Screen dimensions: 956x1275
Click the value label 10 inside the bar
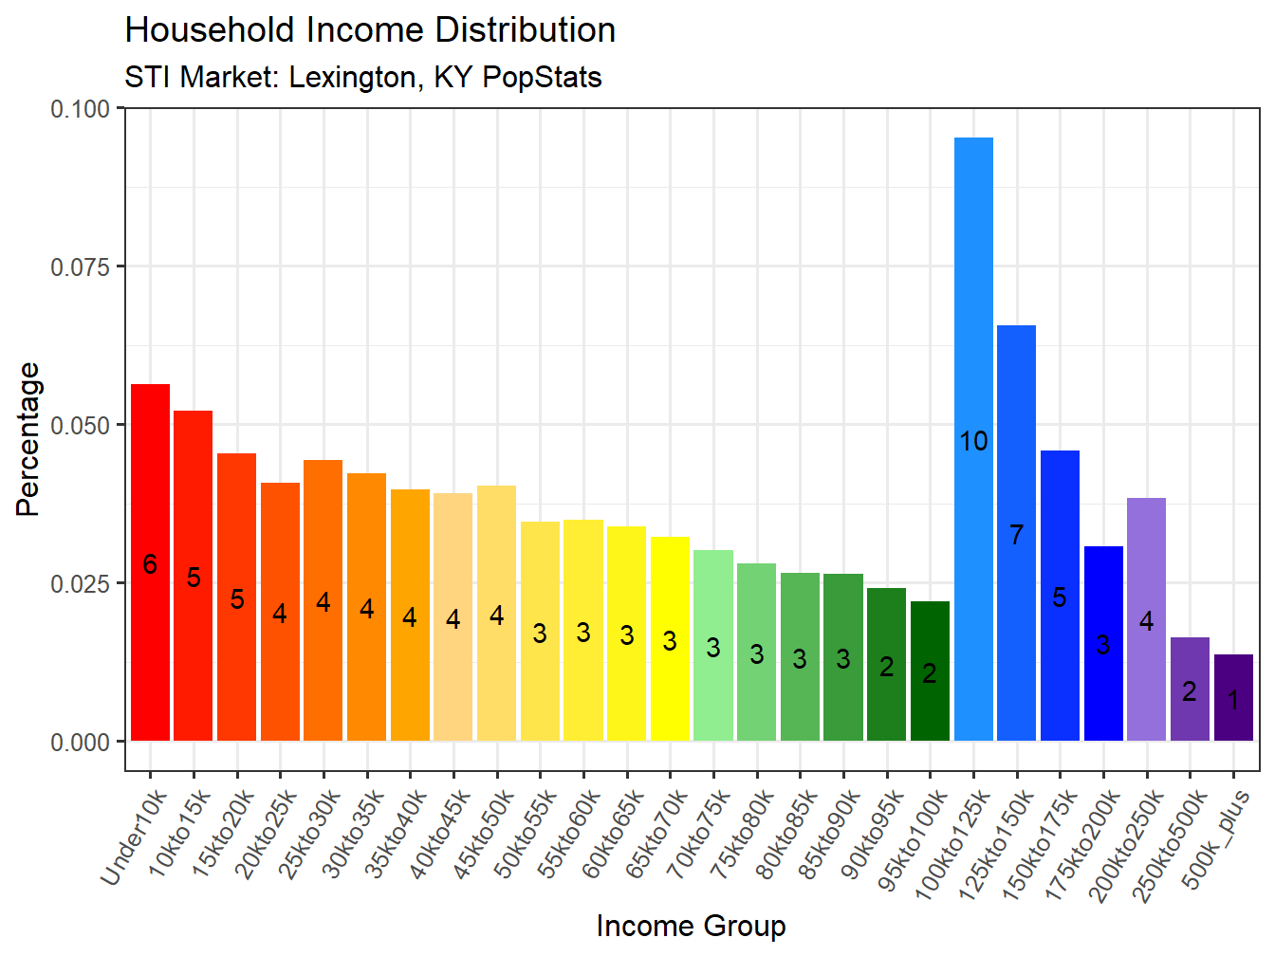pos(973,441)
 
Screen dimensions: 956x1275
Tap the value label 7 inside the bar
pos(1016,535)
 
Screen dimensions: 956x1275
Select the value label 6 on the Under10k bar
pos(150,564)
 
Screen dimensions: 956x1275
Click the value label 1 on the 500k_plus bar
pos(1233,701)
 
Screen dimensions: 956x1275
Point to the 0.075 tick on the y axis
pos(81,267)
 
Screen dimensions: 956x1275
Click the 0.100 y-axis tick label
pos(81,108)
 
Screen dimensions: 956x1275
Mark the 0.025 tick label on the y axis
pos(81,583)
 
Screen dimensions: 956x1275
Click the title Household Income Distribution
pos(370,30)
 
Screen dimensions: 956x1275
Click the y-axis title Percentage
pos(28,439)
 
